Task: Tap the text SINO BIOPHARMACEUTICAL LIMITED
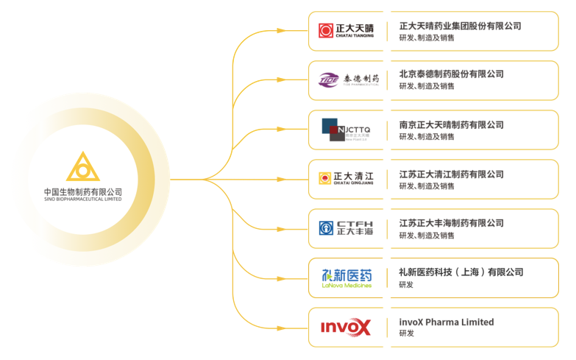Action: point(83,200)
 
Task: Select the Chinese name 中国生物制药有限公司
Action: point(83,191)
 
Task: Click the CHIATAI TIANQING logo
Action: point(346,31)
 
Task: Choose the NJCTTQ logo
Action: point(346,130)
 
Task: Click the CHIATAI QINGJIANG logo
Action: point(346,178)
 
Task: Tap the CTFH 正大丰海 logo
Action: point(346,227)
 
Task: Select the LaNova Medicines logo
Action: point(346,278)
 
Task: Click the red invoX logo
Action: point(346,327)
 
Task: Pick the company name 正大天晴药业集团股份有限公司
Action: point(460,26)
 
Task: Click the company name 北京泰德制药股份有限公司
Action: point(451,74)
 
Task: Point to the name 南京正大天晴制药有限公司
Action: point(451,124)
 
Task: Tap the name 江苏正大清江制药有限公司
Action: point(451,174)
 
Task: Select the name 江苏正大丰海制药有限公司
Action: point(451,223)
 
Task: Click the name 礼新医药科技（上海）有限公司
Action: point(461,272)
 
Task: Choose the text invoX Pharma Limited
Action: point(446,322)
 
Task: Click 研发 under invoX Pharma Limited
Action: point(406,333)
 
